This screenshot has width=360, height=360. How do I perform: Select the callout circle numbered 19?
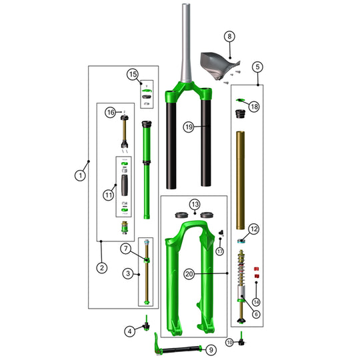189,127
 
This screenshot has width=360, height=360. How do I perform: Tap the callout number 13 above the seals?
195,203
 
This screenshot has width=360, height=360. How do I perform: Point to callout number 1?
80,175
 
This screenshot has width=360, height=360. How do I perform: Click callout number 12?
253,229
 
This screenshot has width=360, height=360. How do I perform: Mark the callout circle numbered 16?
111,113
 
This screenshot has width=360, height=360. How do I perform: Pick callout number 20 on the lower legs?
189,273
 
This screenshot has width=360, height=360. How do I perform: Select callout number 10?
229,342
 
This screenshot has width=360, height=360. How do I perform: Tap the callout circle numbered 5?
257,67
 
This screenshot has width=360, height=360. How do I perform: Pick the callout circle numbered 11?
109,195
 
